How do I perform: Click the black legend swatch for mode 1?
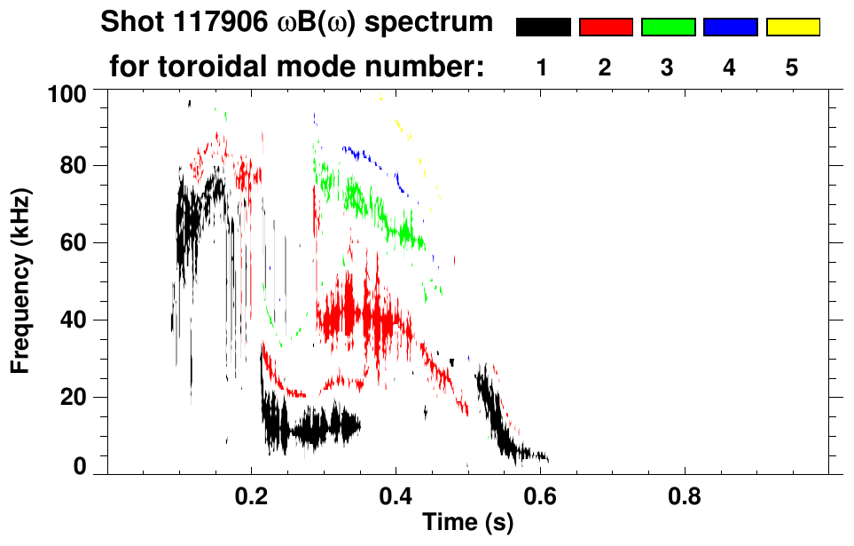pyautogui.click(x=543, y=28)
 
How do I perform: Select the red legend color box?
pyautogui.click(x=606, y=28)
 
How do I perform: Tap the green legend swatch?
pyautogui.click(x=668, y=28)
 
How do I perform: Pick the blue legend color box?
pyautogui.click(x=730, y=28)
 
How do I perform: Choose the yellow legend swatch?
pyautogui.click(x=793, y=28)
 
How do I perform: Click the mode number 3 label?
pyautogui.click(x=668, y=67)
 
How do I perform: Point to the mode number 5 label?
pyautogui.click(x=793, y=67)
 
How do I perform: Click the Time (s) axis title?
pyautogui.click(x=466, y=523)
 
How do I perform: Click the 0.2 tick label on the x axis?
pyautogui.click(x=251, y=495)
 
